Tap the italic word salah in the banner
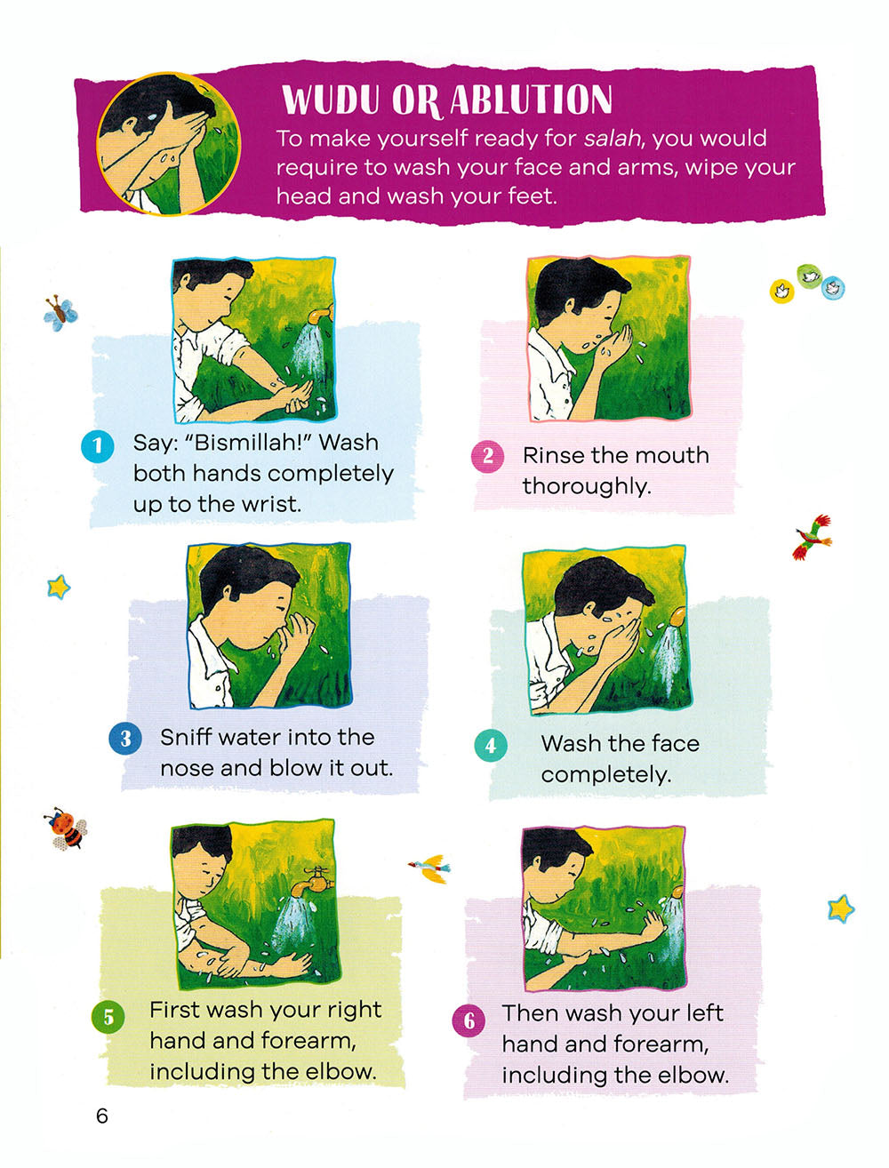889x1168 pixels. click(612, 139)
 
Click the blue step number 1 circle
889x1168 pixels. click(98, 445)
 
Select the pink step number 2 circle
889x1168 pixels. click(488, 456)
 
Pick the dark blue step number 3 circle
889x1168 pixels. click(125, 739)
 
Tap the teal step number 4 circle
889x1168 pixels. click(491, 745)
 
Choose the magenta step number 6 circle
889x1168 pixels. click(469, 1020)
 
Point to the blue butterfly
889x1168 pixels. click(60, 313)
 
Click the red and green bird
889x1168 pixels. click(813, 537)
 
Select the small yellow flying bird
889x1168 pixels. click(431, 868)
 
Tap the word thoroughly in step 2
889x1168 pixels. click(586, 487)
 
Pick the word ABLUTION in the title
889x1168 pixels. click(531, 100)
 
